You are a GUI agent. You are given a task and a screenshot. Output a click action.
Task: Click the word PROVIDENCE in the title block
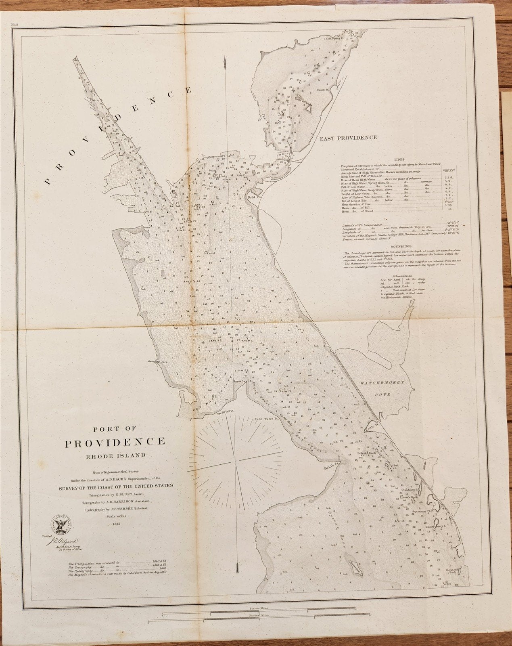[x=115, y=442]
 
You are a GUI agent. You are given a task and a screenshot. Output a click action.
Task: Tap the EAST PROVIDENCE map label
[x=348, y=138]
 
